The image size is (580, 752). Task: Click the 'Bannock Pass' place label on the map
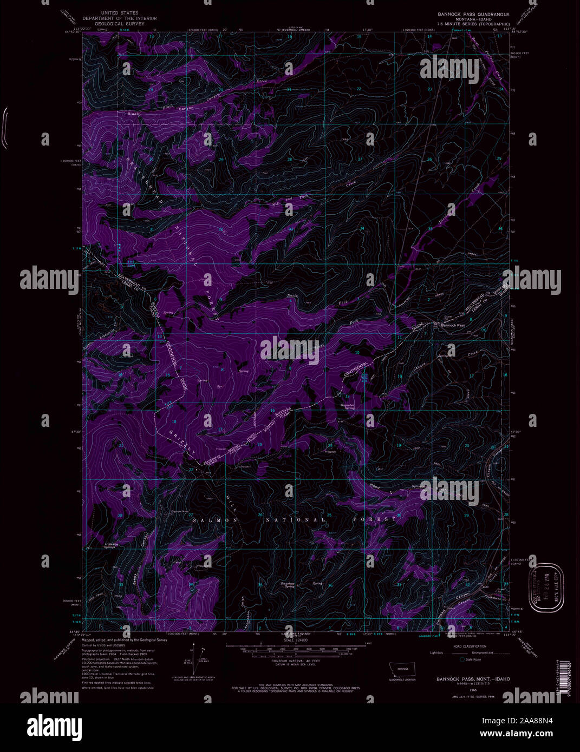[453, 326]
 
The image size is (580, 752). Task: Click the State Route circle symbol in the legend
[462, 659]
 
